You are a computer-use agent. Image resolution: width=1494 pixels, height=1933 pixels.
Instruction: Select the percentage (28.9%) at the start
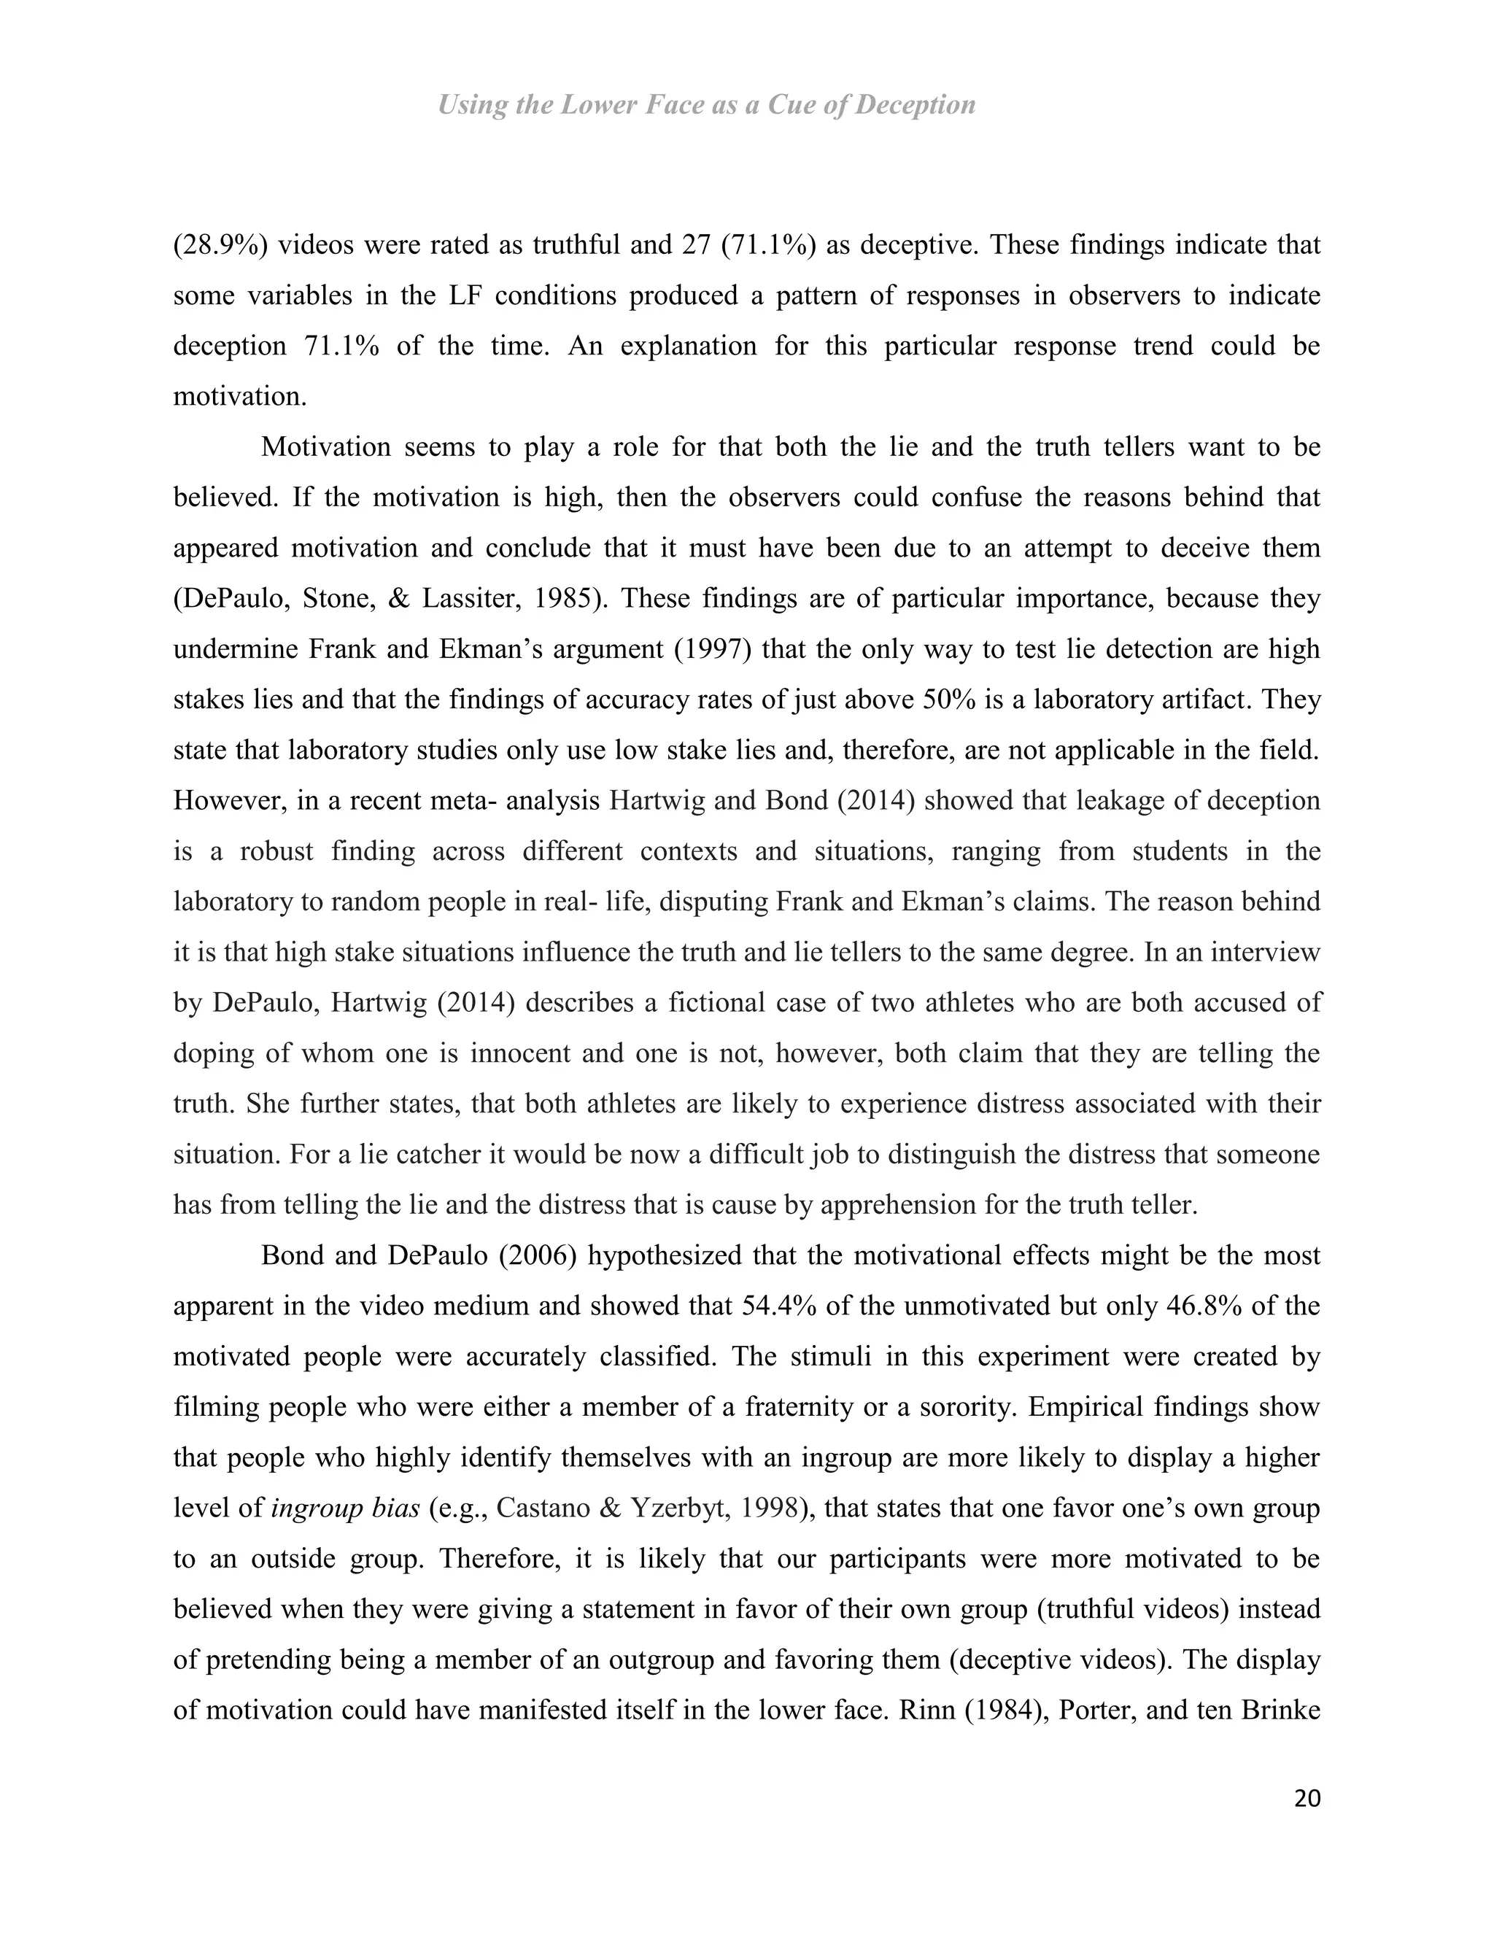tap(220, 244)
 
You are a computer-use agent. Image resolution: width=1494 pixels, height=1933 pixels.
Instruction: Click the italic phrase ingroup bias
tap(345, 1508)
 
